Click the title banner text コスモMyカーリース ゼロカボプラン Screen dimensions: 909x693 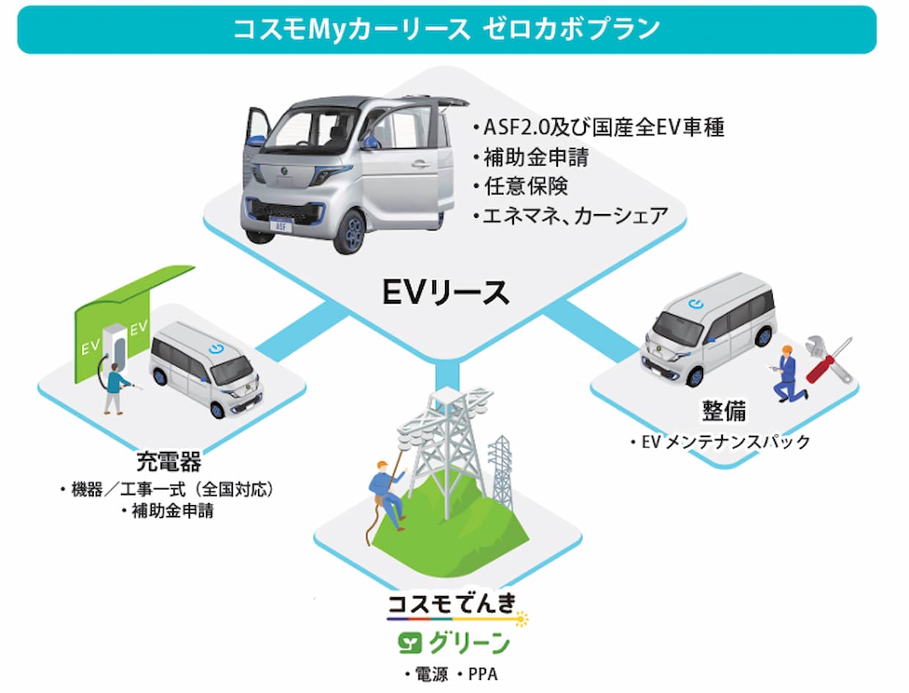coord(446,30)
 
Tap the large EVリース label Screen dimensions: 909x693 coord(446,293)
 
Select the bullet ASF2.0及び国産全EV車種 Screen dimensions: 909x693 coord(599,127)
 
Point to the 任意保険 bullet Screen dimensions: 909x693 coord(521,186)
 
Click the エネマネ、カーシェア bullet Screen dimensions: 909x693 coord(570,216)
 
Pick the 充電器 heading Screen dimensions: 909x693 coord(169,461)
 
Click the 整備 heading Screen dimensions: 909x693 coord(724,411)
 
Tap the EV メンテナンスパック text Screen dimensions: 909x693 coord(721,442)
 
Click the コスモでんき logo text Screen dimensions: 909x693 coord(452,604)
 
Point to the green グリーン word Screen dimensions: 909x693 coord(469,643)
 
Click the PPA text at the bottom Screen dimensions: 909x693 coord(483,675)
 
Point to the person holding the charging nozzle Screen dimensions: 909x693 coord(114,389)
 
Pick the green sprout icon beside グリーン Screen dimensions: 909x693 coord(410,643)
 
